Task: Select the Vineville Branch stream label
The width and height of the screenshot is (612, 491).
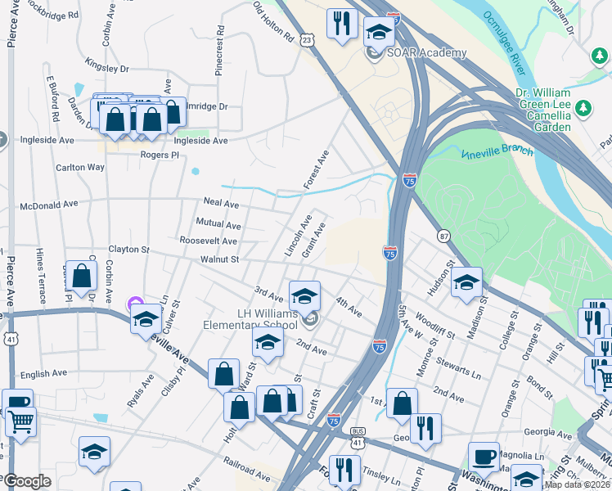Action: (x=497, y=152)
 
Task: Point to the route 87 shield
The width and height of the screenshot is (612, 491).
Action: (x=443, y=236)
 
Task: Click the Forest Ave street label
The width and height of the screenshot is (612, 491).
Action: (x=316, y=169)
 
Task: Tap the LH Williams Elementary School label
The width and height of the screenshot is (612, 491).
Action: (x=250, y=318)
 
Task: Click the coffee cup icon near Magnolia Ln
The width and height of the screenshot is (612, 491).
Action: (x=484, y=457)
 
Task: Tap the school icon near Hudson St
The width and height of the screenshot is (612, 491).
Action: (x=466, y=283)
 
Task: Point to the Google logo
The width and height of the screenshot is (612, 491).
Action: (x=26, y=481)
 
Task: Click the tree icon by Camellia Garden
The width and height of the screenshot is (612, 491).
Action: (x=583, y=108)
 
